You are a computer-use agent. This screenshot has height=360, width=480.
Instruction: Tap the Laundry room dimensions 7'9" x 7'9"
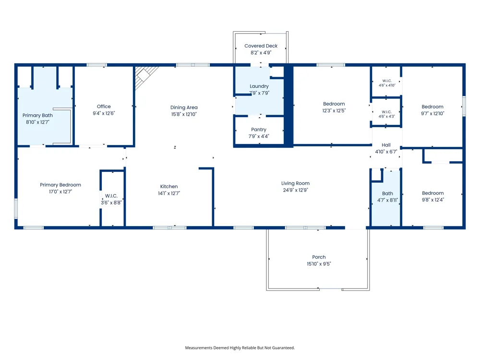click(x=259, y=93)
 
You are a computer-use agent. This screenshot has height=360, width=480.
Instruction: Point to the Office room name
click(x=104, y=107)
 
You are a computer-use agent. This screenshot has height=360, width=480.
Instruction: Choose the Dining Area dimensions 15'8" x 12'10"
click(x=184, y=114)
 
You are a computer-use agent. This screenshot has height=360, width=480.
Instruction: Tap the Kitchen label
click(x=169, y=186)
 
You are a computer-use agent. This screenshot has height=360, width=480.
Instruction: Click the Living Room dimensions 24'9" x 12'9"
click(x=295, y=190)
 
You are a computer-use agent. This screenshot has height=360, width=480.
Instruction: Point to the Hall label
click(x=386, y=145)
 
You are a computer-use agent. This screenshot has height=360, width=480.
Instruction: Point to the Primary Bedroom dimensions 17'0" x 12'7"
click(x=60, y=192)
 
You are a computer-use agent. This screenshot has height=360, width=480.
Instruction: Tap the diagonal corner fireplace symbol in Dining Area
click(x=145, y=76)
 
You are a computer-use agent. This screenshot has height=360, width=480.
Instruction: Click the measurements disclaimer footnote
click(x=240, y=348)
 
